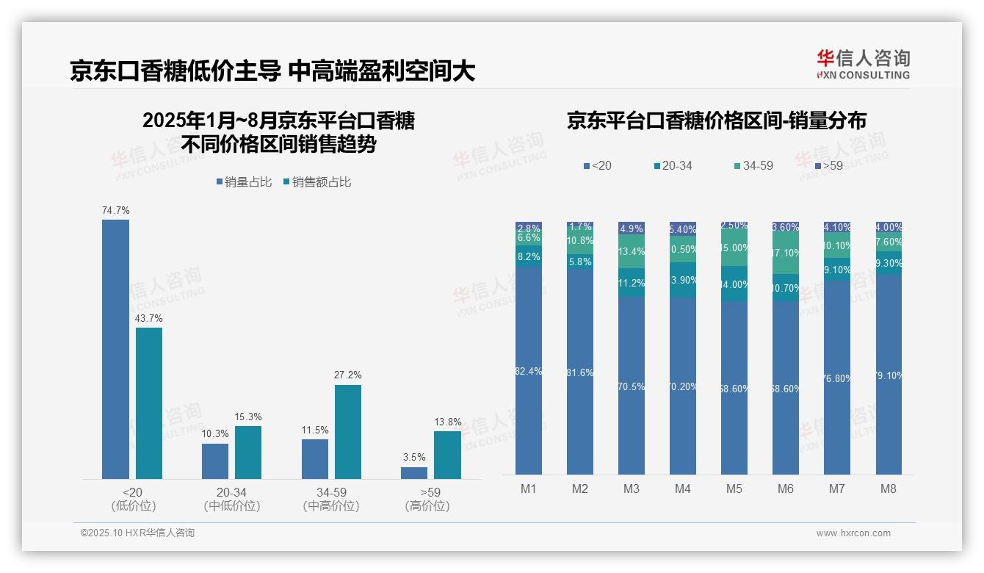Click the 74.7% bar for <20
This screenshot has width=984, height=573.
tap(115, 349)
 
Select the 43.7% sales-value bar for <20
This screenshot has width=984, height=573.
tap(149, 403)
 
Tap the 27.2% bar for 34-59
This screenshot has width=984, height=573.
tap(348, 432)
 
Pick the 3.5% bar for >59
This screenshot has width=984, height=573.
tap(414, 473)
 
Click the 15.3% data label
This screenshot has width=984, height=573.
tap(248, 417)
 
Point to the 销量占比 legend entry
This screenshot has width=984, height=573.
tap(244, 181)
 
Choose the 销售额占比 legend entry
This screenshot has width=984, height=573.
tap(316, 181)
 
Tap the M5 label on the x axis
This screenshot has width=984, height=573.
tap(734, 489)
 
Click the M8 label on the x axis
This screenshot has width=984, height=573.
tap(889, 489)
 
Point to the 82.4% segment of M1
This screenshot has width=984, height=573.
tap(529, 370)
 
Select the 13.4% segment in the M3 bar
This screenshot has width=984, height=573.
tap(632, 252)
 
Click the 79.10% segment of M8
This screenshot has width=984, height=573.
tap(889, 375)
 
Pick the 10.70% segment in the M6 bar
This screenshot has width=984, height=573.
tap(786, 288)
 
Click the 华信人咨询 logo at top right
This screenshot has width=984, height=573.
tap(863, 64)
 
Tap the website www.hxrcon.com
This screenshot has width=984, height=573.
tap(853, 533)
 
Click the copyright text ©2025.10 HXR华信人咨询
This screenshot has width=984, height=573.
tap(137, 533)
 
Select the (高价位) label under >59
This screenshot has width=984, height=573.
tap(427, 506)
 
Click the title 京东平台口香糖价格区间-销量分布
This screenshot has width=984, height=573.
tap(716, 120)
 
